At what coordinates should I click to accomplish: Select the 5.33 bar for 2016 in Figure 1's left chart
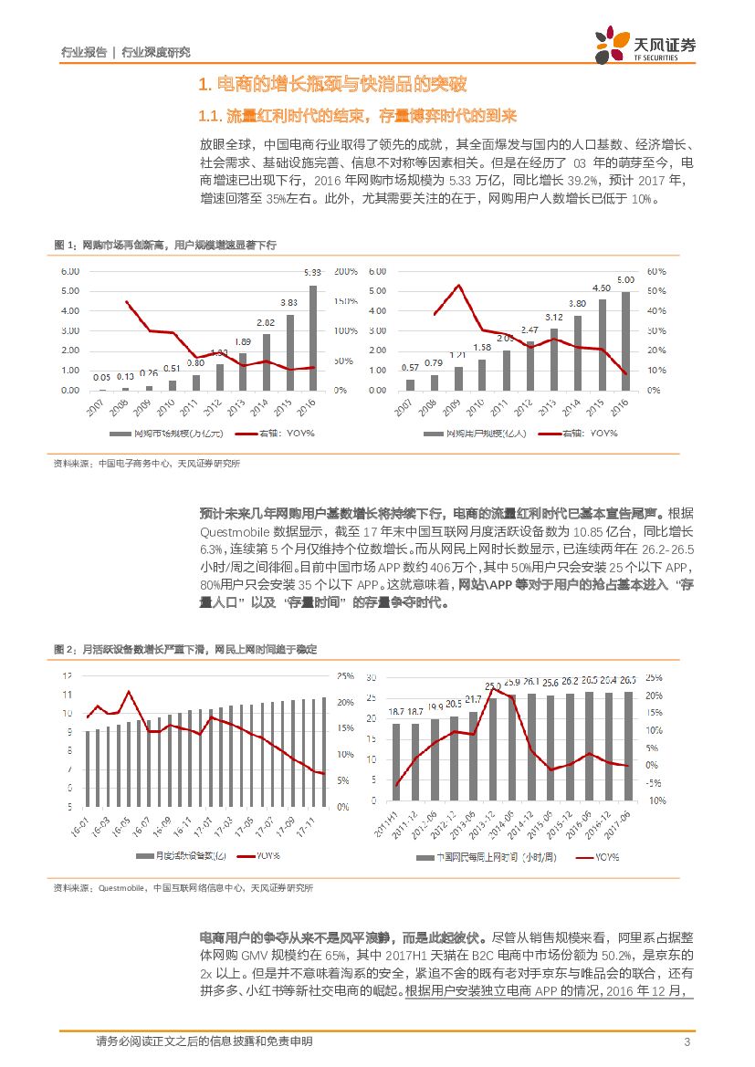point(313,338)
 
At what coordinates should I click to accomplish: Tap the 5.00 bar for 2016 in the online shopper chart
point(625,340)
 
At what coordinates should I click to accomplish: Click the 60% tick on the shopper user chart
point(656,272)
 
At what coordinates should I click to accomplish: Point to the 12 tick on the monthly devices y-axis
point(66,675)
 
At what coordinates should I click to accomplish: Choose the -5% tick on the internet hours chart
point(655,782)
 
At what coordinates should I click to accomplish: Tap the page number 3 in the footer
point(687,1042)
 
